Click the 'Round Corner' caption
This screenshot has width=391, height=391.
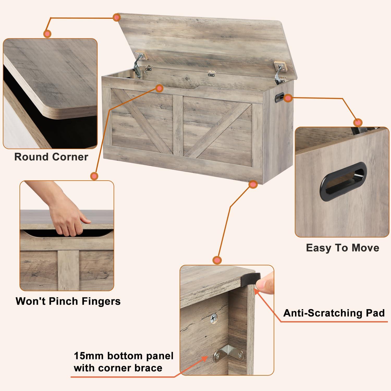tap(51, 157)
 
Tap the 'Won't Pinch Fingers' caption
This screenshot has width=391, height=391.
tap(68, 301)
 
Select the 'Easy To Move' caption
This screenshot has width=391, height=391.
tap(343, 248)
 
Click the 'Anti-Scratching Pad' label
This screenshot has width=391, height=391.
tap(334, 313)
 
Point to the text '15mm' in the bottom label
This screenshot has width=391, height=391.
tap(88, 356)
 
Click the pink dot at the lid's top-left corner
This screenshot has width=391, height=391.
tap(117, 17)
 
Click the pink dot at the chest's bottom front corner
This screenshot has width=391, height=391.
tap(252, 185)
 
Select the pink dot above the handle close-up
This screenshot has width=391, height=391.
tap(358, 122)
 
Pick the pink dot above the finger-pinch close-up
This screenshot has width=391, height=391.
tap(94, 176)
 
